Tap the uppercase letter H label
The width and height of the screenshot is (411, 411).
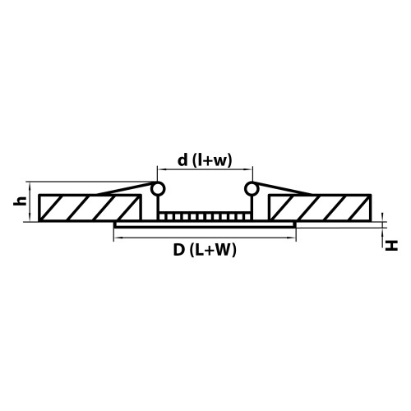click(x=393, y=245)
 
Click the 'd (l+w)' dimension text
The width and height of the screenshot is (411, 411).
click(x=204, y=162)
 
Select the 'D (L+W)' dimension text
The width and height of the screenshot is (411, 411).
click(x=205, y=252)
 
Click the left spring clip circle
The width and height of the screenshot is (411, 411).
click(x=159, y=189)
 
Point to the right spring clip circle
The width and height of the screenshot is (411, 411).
click(x=252, y=189)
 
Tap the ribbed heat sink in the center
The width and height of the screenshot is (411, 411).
click(x=205, y=216)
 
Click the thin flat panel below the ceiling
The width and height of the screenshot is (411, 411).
click(x=205, y=224)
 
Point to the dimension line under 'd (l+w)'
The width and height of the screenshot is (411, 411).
click(x=205, y=175)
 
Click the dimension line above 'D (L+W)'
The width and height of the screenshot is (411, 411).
click(x=205, y=238)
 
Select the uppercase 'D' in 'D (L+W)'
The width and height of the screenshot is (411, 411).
click(x=178, y=252)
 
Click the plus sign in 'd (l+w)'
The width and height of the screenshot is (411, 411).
click(x=209, y=162)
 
